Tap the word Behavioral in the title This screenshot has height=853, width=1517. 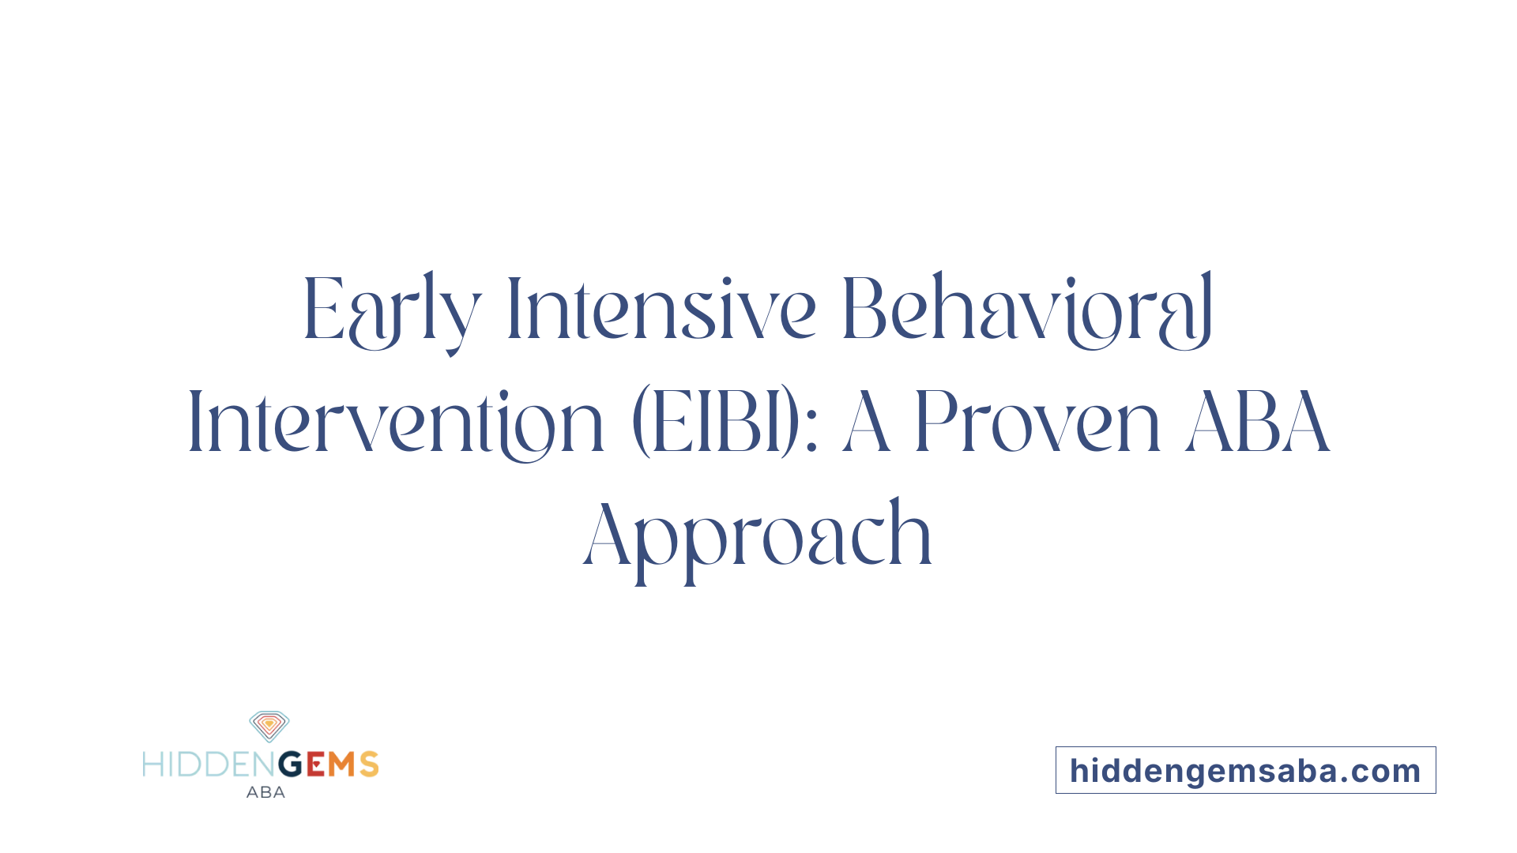pyautogui.click(x=1027, y=310)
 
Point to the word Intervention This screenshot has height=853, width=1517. pyautogui.click(x=395, y=424)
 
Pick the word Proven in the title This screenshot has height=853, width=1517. pyautogui.click(x=1037, y=424)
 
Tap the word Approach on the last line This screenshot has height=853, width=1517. pyautogui.click(x=758, y=537)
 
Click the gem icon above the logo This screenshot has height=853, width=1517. pyautogui.click(x=269, y=726)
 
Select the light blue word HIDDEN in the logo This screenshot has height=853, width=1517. pyautogui.click(x=209, y=765)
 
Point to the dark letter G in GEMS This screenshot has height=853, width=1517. pyautogui.click(x=291, y=765)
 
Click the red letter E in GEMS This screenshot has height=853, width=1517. pyautogui.click(x=315, y=765)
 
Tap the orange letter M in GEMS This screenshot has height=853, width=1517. pyautogui.click(x=342, y=765)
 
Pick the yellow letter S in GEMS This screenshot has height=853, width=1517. pyautogui.click(x=369, y=765)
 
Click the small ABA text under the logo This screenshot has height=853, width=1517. pyautogui.click(x=265, y=792)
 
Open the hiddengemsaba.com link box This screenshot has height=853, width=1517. pyautogui.click(x=1245, y=770)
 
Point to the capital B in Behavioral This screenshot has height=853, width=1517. pyautogui.click(x=864, y=310)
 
